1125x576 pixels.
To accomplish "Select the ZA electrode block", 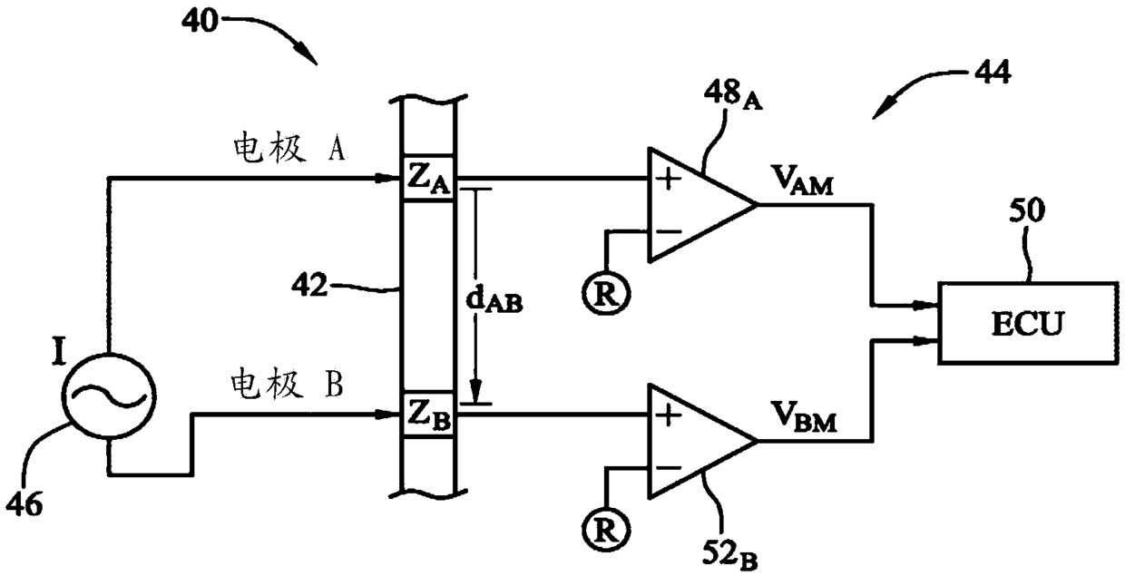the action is pyautogui.click(x=427, y=179).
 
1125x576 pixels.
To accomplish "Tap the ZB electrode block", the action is pyautogui.click(x=427, y=415).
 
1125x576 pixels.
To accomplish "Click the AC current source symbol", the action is pyautogui.click(x=109, y=396).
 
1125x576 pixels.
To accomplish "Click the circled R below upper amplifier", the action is pyautogui.click(x=606, y=293).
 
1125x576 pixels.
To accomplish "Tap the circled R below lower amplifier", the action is pyautogui.click(x=606, y=530).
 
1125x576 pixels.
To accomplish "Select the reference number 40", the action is pyautogui.click(x=200, y=21).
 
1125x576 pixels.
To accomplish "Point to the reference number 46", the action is pyautogui.click(x=24, y=503).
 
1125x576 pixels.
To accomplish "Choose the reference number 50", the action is pyautogui.click(x=1027, y=210).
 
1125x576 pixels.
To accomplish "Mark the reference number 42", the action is pyautogui.click(x=309, y=285).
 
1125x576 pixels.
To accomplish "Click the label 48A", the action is pyautogui.click(x=733, y=94).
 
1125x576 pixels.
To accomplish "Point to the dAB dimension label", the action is pyautogui.click(x=494, y=300).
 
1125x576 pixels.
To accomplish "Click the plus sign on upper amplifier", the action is pyautogui.click(x=668, y=180).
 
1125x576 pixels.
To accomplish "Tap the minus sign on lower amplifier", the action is pyautogui.click(x=668, y=468).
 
